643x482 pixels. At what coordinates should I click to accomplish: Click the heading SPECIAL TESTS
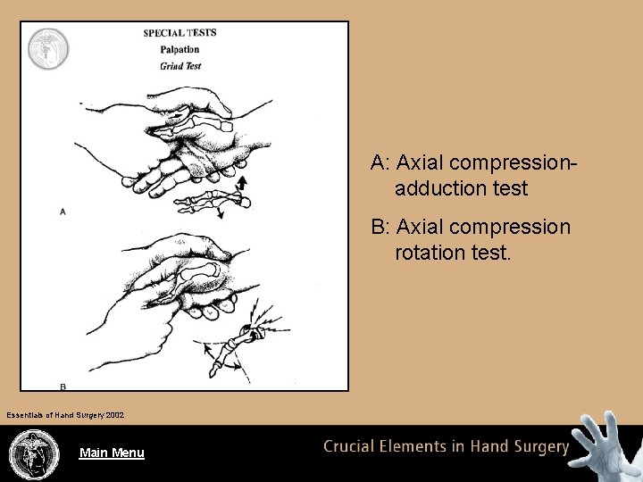(x=180, y=33)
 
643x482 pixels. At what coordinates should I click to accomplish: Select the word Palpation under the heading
(x=180, y=49)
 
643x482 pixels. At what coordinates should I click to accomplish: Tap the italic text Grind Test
(x=180, y=65)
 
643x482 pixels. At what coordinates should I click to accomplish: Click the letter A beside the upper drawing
(x=63, y=212)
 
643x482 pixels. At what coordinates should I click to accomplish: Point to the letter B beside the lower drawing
(x=63, y=386)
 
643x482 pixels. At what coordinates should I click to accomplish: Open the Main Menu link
(x=112, y=453)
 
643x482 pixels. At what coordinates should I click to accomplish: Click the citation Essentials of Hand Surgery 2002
(x=65, y=415)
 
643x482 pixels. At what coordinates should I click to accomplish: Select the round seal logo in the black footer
(x=33, y=453)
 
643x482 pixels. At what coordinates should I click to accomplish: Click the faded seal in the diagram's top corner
(x=46, y=48)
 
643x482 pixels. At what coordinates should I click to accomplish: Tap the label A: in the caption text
(x=381, y=163)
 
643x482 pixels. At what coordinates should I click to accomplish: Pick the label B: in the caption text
(x=381, y=228)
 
